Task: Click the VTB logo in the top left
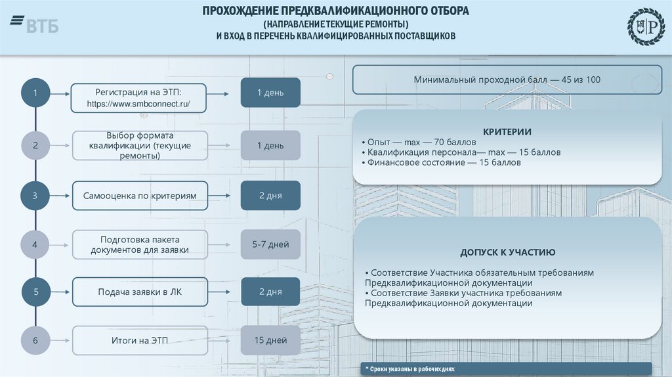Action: [x=34, y=26]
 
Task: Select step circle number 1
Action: [x=35, y=93]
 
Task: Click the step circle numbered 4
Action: [x=35, y=245]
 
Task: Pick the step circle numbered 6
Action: [x=35, y=340]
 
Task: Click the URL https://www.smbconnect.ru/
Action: [x=139, y=104]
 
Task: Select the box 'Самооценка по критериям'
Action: [x=140, y=196]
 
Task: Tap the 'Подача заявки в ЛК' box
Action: [x=140, y=292]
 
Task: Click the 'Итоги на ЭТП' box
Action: [x=140, y=340]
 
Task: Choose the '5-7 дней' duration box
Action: [x=270, y=245]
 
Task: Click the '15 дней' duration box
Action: [x=270, y=340]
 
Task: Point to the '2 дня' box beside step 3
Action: [x=270, y=196]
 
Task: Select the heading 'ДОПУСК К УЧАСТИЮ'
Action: [x=508, y=252]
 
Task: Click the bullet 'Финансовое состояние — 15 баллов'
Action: [x=441, y=162]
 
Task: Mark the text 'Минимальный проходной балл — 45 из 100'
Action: [x=507, y=79]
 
